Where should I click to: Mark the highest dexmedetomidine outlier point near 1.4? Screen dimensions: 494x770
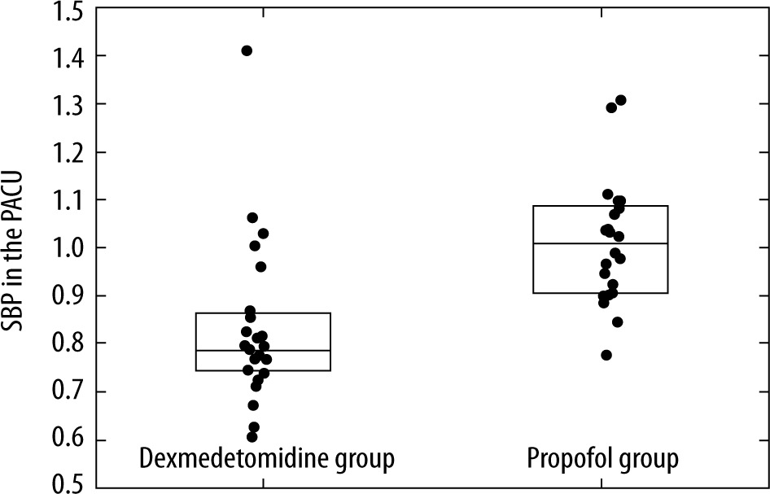click(247, 50)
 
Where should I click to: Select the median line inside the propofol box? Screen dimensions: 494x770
click(601, 243)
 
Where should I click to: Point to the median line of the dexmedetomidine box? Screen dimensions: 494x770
click(263, 350)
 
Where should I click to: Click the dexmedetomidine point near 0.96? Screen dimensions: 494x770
click(260, 266)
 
